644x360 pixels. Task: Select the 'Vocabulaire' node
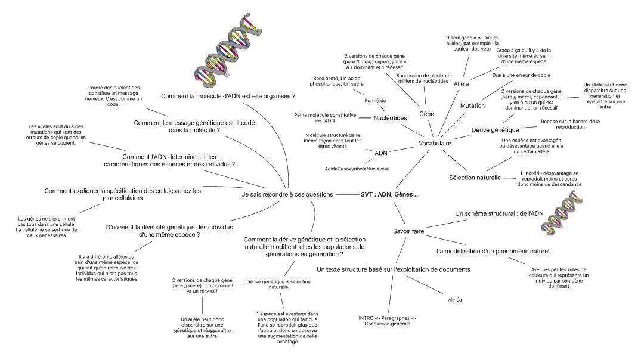coord(434,144)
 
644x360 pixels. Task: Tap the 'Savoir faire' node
coord(408,231)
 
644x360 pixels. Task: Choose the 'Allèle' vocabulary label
coord(462,84)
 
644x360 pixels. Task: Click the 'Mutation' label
coord(472,105)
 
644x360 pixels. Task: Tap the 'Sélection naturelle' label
coord(475,178)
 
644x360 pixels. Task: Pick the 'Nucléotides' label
coord(390,118)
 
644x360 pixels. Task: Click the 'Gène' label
coord(426,113)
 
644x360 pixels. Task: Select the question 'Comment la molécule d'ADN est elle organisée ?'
coord(229,96)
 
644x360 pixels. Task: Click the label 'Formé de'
coord(375,101)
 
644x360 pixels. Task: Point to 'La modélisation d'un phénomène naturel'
coord(492,251)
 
